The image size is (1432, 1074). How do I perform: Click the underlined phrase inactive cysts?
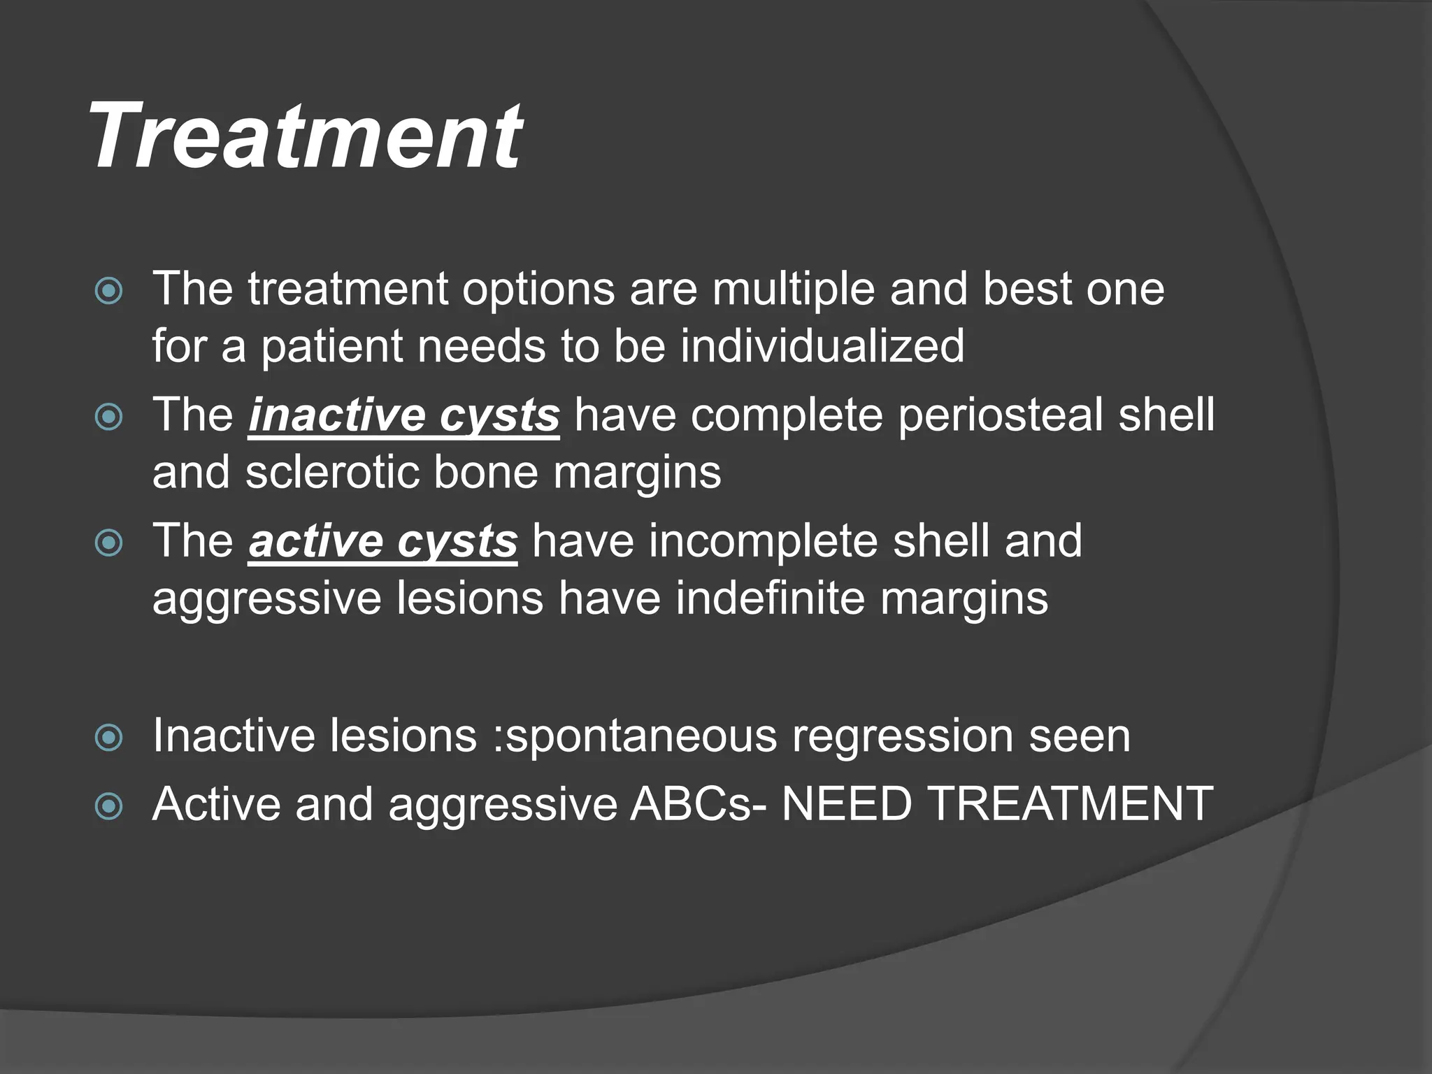(x=403, y=415)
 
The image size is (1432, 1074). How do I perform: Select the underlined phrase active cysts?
(x=382, y=541)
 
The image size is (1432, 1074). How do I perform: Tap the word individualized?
(x=822, y=346)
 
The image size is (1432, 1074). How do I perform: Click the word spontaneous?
(x=640, y=736)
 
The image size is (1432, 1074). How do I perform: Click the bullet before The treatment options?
(x=108, y=291)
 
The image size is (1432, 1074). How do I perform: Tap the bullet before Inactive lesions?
(x=108, y=738)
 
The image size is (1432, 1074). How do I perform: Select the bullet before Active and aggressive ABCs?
(x=108, y=806)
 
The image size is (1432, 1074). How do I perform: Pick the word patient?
(x=332, y=346)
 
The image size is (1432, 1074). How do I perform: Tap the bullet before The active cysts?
(x=108, y=543)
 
